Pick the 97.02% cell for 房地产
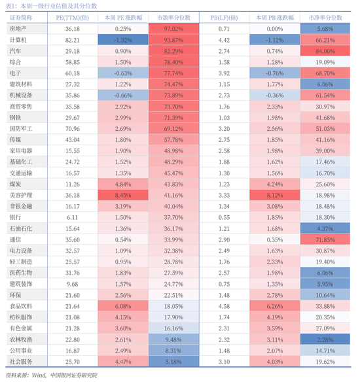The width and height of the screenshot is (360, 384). [173, 29]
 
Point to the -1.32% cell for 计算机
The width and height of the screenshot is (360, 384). [123, 40]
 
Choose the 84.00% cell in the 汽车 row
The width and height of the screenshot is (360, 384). [325, 51]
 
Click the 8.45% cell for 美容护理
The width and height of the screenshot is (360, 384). [123, 195]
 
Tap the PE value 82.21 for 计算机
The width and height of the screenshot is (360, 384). [73, 40]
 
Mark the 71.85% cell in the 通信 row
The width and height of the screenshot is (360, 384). [325, 239]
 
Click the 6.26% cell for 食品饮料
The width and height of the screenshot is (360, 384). [275, 305]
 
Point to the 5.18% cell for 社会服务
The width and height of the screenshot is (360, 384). [173, 361]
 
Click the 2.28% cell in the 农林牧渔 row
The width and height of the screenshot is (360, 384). [325, 339]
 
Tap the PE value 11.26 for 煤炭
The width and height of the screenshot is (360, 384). [73, 184]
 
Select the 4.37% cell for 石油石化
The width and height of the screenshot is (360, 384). [325, 228]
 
